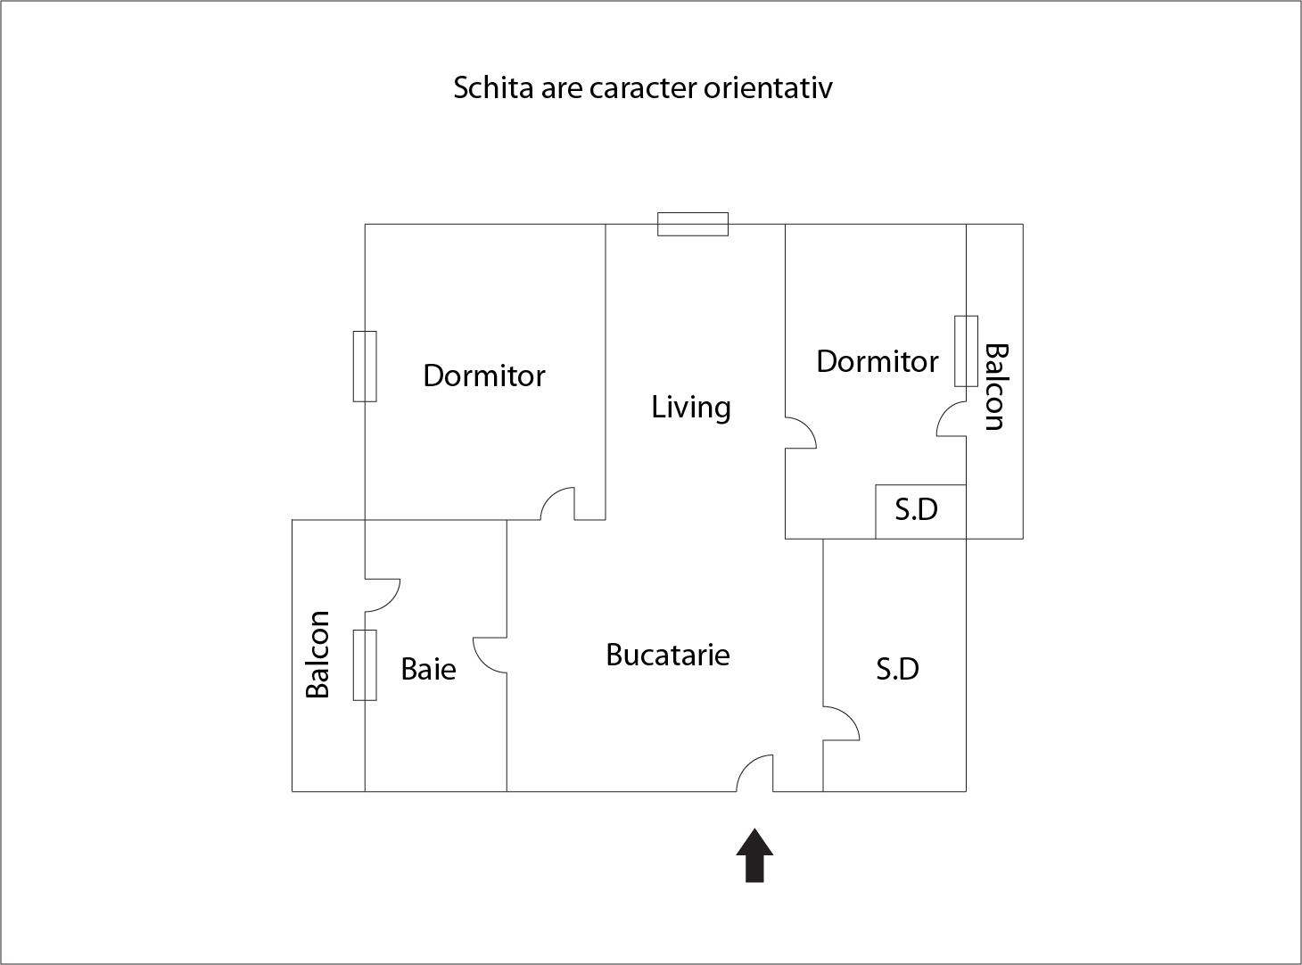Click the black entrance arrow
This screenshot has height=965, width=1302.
tap(754, 856)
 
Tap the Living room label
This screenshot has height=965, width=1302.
tap(691, 408)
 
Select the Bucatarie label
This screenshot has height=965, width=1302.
tap(667, 655)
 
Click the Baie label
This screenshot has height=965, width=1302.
tap(428, 669)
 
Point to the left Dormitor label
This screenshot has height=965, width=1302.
tap(483, 375)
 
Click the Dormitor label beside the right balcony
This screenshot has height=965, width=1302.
tap(877, 361)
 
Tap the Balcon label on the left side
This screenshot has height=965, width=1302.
tap(317, 655)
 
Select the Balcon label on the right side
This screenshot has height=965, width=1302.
tap(996, 387)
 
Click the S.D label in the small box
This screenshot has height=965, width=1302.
tap(916, 510)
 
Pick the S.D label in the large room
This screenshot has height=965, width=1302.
tap(897, 669)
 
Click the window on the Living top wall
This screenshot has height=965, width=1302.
tap(693, 225)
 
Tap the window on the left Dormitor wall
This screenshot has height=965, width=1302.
tap(365, 367)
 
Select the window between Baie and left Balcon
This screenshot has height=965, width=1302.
tap(365, 664)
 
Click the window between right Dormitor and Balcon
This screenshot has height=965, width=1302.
tap(966, 351)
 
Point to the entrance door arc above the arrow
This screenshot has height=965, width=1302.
tap(755, 773)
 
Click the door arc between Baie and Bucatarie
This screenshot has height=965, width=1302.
tap(490, 655)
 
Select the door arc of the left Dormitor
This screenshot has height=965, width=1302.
tap(557, 503)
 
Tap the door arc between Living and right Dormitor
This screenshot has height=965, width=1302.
tap(801, 433)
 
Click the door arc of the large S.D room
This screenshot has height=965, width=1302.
tap(841, 723)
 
